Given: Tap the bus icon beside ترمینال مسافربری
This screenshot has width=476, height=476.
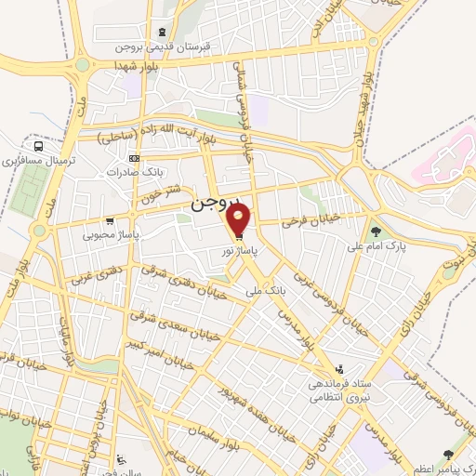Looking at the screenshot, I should (x=38, y=146).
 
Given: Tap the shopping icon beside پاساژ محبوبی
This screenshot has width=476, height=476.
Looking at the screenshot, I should (x=111, y=221).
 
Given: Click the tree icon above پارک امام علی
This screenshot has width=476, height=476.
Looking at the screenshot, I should (x=376, y=231).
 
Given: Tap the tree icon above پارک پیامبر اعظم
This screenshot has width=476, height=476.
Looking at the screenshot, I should (x=449, y=454).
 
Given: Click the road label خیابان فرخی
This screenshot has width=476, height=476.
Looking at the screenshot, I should (x=303, y=220).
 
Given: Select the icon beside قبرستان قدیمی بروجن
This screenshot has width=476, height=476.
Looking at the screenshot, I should (x=164, y=31).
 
